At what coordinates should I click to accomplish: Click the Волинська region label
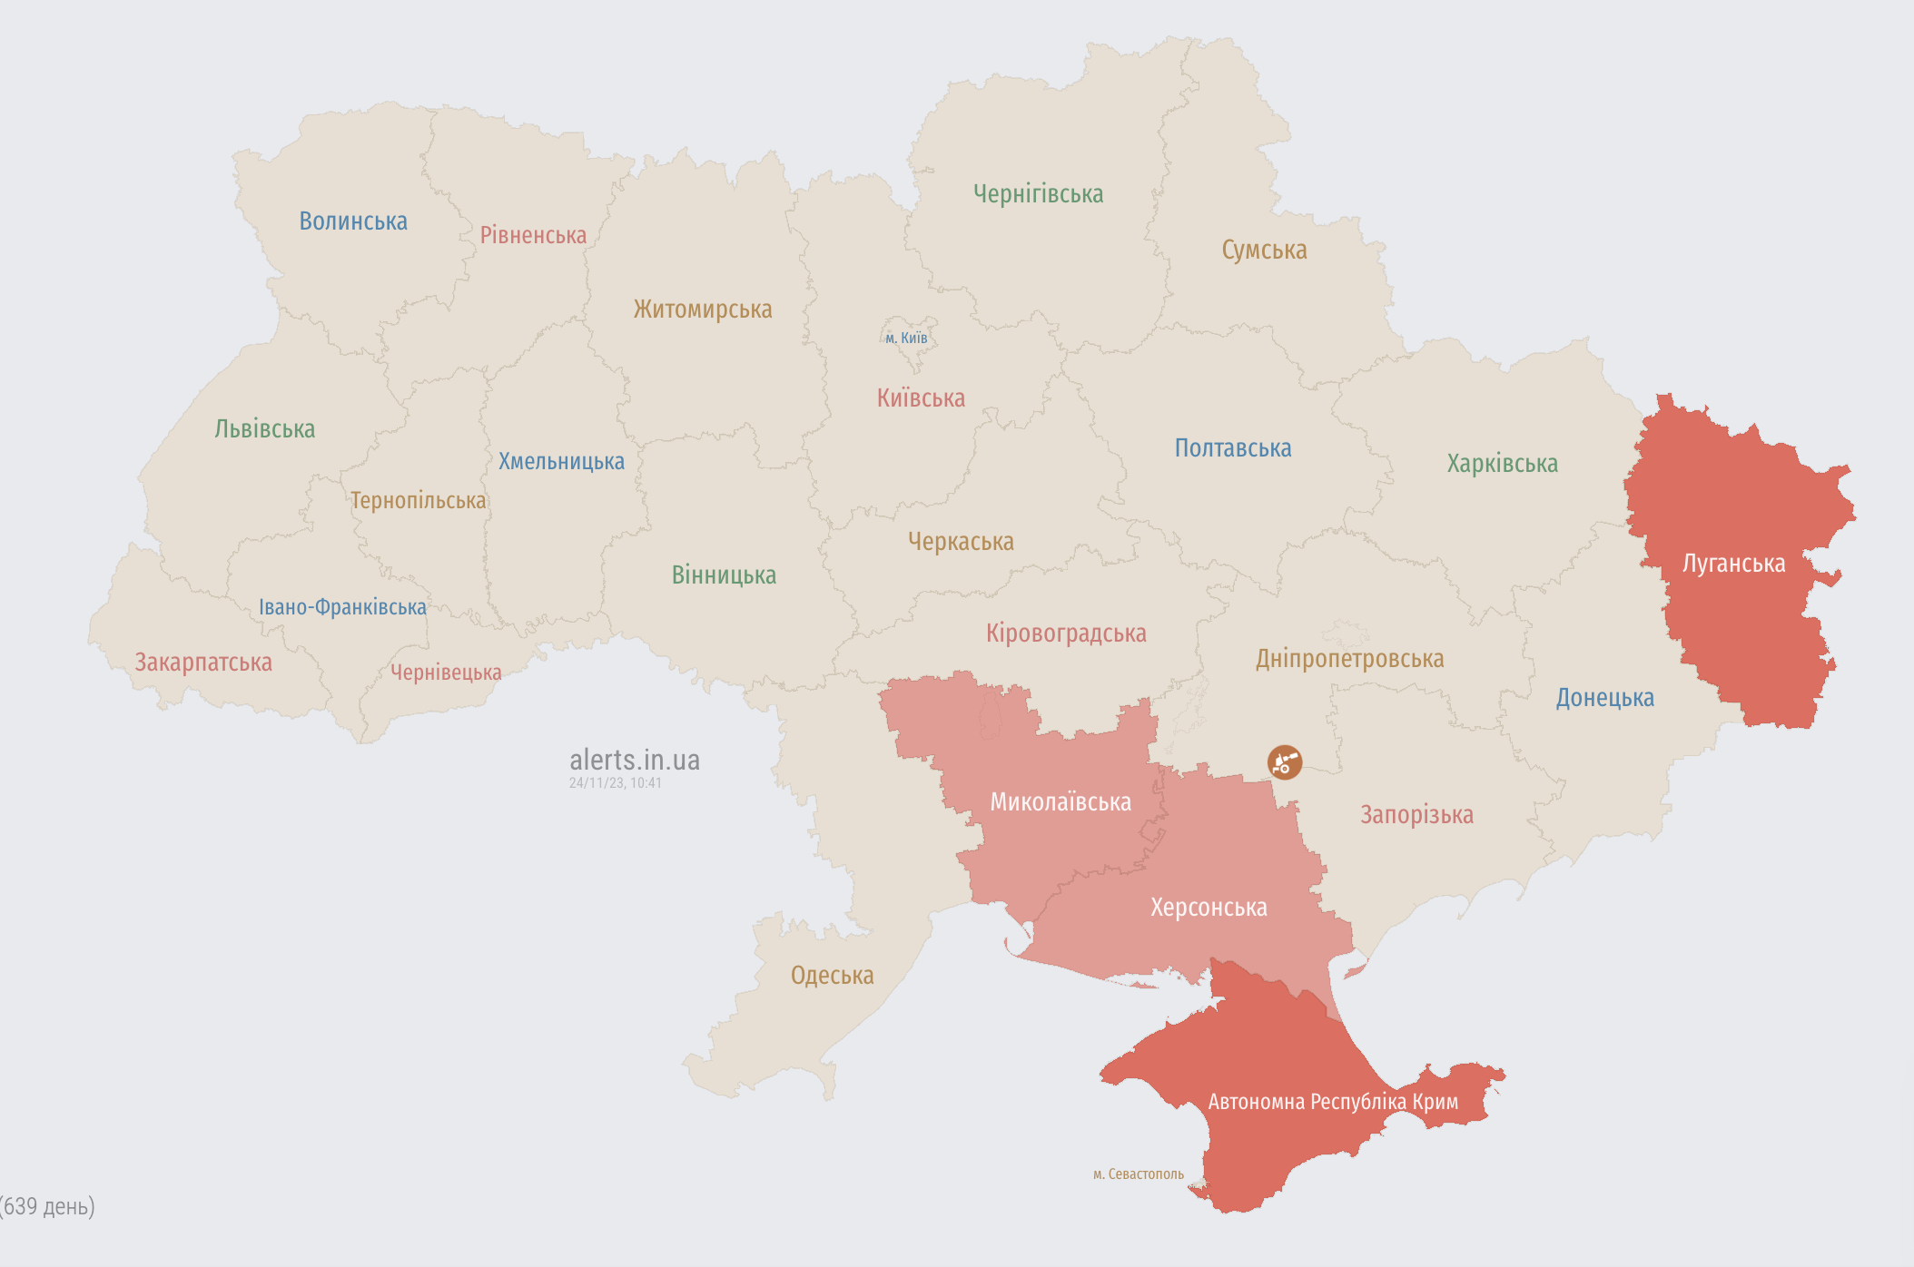coord(353,221)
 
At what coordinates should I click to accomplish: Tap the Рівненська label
coord(533,236)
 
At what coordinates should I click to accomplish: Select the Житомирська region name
coord(703,309)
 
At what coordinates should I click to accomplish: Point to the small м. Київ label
coord(906,339)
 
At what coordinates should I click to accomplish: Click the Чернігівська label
coord(1038,194)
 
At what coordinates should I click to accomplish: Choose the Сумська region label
coord(1264,250)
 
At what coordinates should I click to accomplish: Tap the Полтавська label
coord(1232,448)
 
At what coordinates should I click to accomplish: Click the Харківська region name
coord(1502,464)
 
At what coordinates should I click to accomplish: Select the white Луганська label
coord(1733,564)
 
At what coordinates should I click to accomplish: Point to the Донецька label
coord(1604,698)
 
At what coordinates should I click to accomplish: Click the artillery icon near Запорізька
coord(1285,762)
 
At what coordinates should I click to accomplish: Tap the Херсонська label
coord(1209,908)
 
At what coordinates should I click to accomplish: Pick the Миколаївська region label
coord(1061,802)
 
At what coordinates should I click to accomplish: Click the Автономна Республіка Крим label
coord(1333,1102)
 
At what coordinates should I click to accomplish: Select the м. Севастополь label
coord(1138,1174)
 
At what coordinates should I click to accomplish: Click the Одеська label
coord(832,976)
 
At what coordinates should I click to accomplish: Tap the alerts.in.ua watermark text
coord(634,760)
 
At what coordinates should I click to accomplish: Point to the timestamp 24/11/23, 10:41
coord(615,783)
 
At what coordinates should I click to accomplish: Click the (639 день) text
coord(48,1206)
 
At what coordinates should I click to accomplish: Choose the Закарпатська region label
coord(203,663)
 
